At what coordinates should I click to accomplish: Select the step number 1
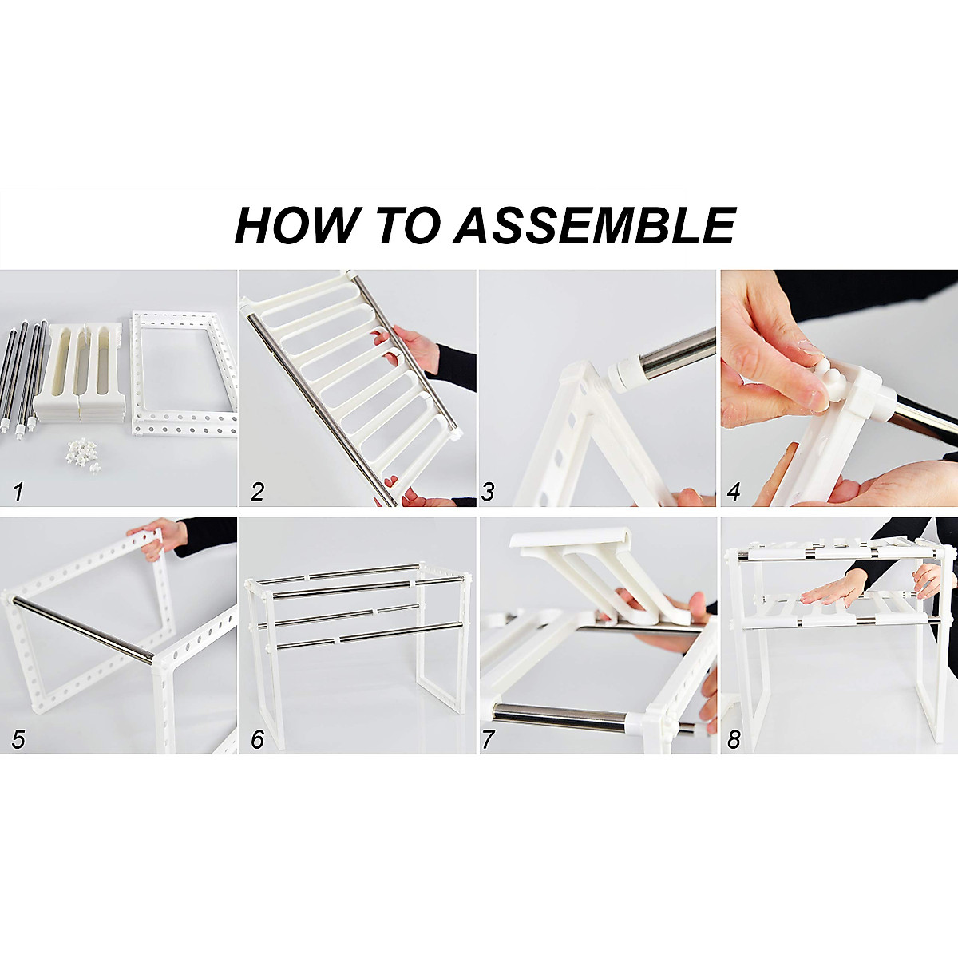(18, 493)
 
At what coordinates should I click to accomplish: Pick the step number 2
(257, 493)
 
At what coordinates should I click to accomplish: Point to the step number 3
(488, 493)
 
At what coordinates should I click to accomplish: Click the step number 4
(734, 493)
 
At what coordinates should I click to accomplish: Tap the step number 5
(18, 740)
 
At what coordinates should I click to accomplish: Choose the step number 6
(257, 740)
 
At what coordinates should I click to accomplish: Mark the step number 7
(488, 740)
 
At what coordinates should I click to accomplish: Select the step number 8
(734, 740)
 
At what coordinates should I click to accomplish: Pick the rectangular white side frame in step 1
(184, 373)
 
